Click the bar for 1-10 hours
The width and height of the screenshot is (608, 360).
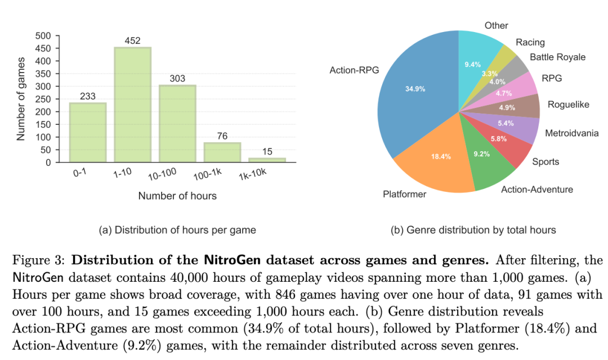point(133,105)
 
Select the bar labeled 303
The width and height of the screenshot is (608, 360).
point(177,124)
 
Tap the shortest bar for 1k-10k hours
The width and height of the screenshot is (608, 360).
point(267,160)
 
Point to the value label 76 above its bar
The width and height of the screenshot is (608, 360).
point(222,136)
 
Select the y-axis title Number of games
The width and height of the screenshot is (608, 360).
point(21,99)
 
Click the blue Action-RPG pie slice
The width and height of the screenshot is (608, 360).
point(417,96)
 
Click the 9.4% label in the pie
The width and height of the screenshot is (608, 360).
point(472,65)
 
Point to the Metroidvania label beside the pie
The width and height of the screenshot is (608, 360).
point(571,133)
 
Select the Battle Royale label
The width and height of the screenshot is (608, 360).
point(557,57)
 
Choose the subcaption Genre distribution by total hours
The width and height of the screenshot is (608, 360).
point(473,229)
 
